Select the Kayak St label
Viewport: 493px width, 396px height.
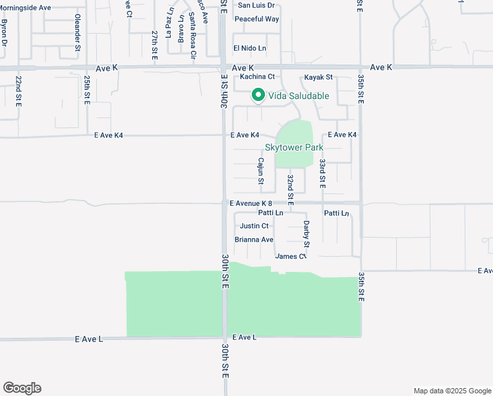(319, 77)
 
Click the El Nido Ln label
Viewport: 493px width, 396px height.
(250, 48)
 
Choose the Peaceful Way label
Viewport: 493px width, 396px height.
(257, 19)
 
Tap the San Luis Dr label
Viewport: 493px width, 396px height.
(256, 5)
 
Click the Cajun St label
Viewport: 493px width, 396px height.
(261, 171)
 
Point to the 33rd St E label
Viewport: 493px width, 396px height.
(322, 174)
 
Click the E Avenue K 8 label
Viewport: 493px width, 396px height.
(251, 203)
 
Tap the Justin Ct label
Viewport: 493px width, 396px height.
(254, 226)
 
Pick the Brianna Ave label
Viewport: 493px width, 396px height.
(254, 240)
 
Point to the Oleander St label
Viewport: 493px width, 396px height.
(78, 33)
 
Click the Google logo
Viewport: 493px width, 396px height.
(22, 388)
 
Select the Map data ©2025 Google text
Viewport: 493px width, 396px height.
(451, 391)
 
